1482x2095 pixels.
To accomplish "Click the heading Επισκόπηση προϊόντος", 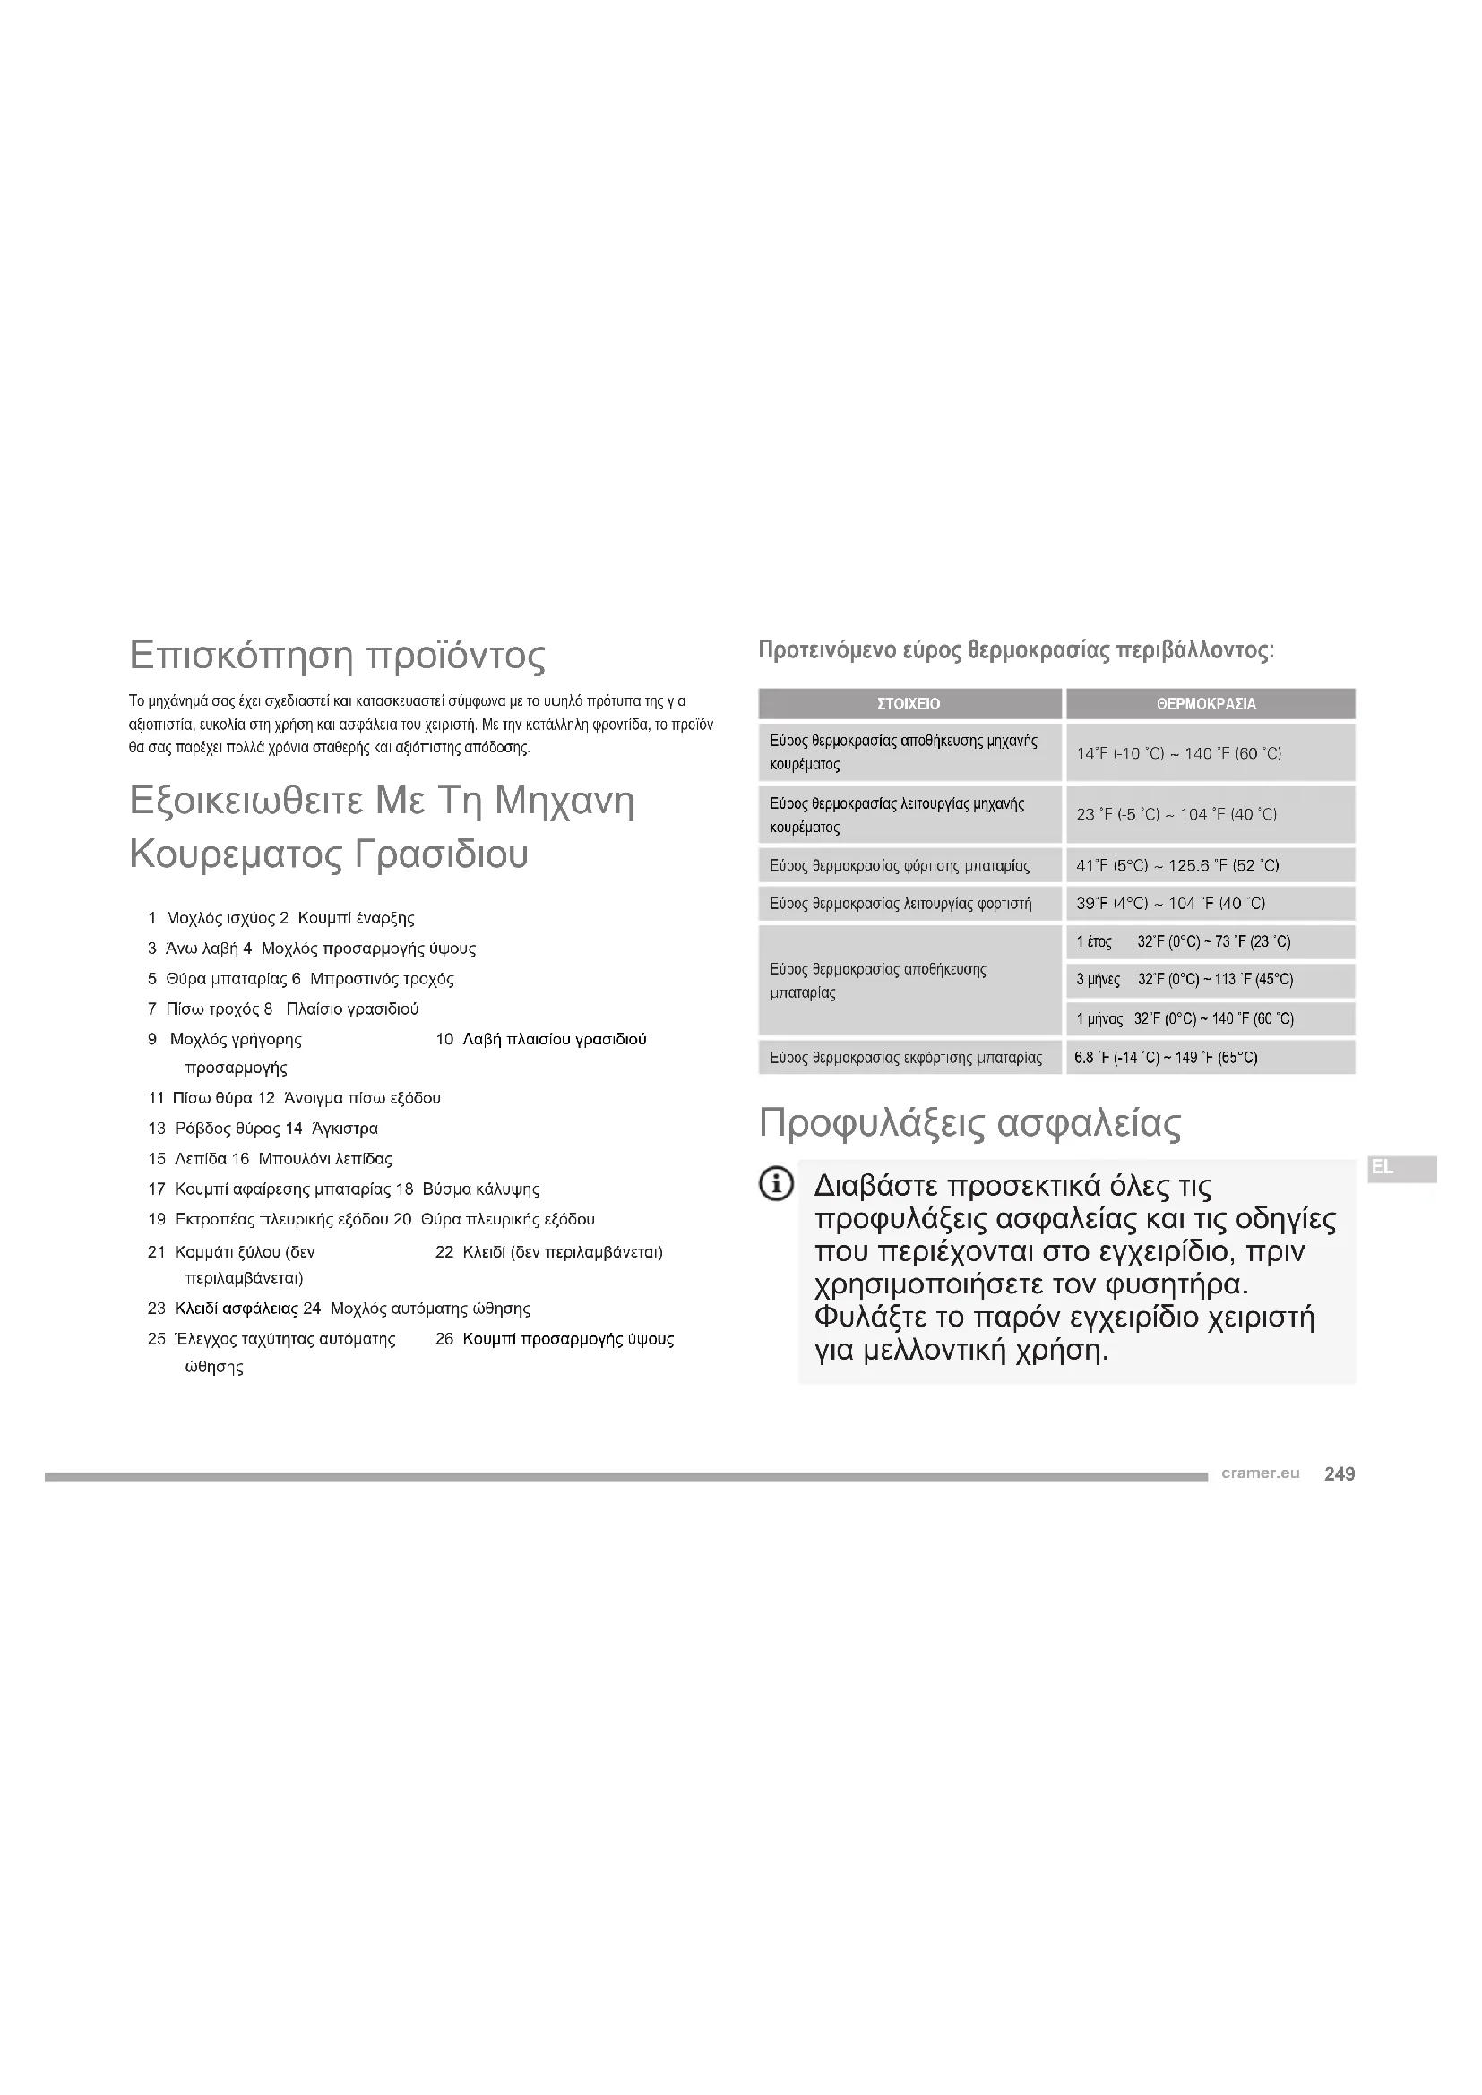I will [x=337, y=655].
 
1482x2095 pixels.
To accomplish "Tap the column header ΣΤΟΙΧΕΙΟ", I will [x=908, y=703].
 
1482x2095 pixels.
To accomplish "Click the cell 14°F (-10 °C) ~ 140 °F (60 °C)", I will [x=1179, y=753].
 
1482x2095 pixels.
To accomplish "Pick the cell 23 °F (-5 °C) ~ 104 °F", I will [x=1176, y=814].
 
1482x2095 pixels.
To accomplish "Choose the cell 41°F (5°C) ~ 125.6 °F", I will [x=1177, y=865].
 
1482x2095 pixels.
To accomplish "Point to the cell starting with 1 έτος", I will [x=1183, y=941].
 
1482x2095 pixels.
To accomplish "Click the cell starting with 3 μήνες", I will [x=1184, y=980].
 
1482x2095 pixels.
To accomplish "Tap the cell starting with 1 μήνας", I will [x=1185, y=1018].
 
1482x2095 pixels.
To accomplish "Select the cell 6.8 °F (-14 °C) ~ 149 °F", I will [x=1166, y=1058].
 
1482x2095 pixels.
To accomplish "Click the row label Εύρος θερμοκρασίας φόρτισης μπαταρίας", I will [x=899, y=865].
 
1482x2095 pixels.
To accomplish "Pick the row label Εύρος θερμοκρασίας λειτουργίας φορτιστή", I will [x=900, y=904].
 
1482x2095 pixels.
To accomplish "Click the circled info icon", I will [x=776, y=1185].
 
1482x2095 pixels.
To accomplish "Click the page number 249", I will [x=1339, y=1473].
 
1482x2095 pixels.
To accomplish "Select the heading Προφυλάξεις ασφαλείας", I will [x=969, y=1123].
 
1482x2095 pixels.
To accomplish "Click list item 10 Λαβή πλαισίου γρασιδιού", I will [x=541, y=1039].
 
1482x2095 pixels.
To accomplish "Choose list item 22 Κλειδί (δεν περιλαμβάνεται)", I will [x=548, y=1252].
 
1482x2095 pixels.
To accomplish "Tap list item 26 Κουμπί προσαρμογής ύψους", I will [x=555, y=1338].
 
